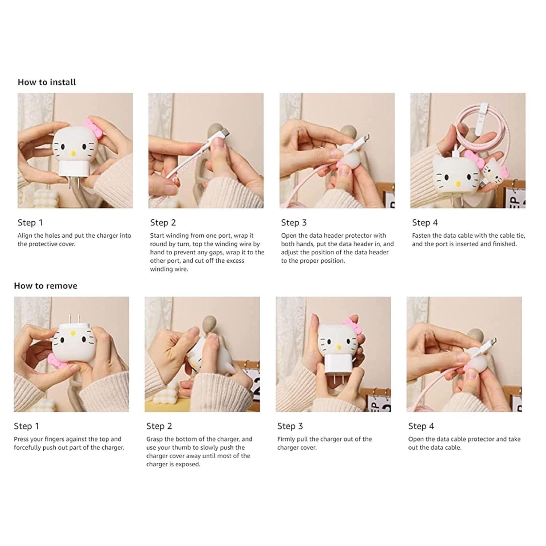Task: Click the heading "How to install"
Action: (47, 82)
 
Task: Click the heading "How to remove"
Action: (45, 286)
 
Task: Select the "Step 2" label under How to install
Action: (163, 222)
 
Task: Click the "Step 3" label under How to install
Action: (294, 222)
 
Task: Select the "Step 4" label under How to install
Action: (425, 222)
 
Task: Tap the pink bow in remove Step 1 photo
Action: (57, 360)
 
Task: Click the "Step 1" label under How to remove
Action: (26, 426)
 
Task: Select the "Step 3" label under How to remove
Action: (290, 426)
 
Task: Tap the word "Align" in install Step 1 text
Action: (25, 236)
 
